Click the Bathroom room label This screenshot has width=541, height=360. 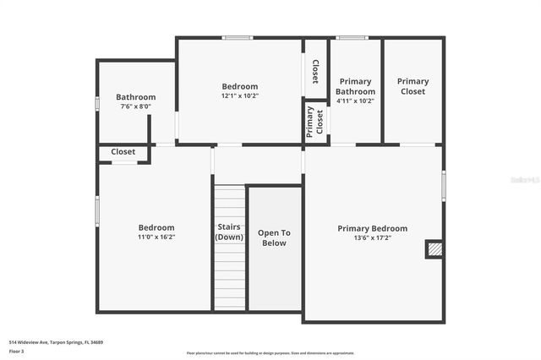click(x=135, y=97)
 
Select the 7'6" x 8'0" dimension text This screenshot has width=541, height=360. click(x=135, y=106)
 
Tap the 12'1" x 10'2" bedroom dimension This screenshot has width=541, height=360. click(x=240, y=95)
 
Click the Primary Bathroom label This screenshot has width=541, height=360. click(x=355, y=86)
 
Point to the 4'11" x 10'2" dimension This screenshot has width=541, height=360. click(x=355, y=101)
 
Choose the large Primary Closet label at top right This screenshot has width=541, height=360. click(x=413, y=86)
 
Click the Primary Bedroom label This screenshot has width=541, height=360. click(x=372, y=228)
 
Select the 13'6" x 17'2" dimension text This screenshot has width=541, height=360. click(x=372, y=237)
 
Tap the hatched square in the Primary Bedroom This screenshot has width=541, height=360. click(x=434, y=249)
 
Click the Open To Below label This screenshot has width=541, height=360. click(x=274, y=237)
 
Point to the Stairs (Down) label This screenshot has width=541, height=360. click(x=229, y=232)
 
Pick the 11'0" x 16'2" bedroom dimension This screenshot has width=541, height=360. click(x=156, y=237)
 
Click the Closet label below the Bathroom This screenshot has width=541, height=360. click(x=123, y=152)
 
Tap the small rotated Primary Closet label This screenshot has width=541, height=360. click(x=315, y=123)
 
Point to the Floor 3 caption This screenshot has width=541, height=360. click(x=17, y=351)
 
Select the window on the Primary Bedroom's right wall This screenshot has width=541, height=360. click(x=443, y=186)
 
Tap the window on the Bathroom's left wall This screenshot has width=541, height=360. click(x=97, y=103)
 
